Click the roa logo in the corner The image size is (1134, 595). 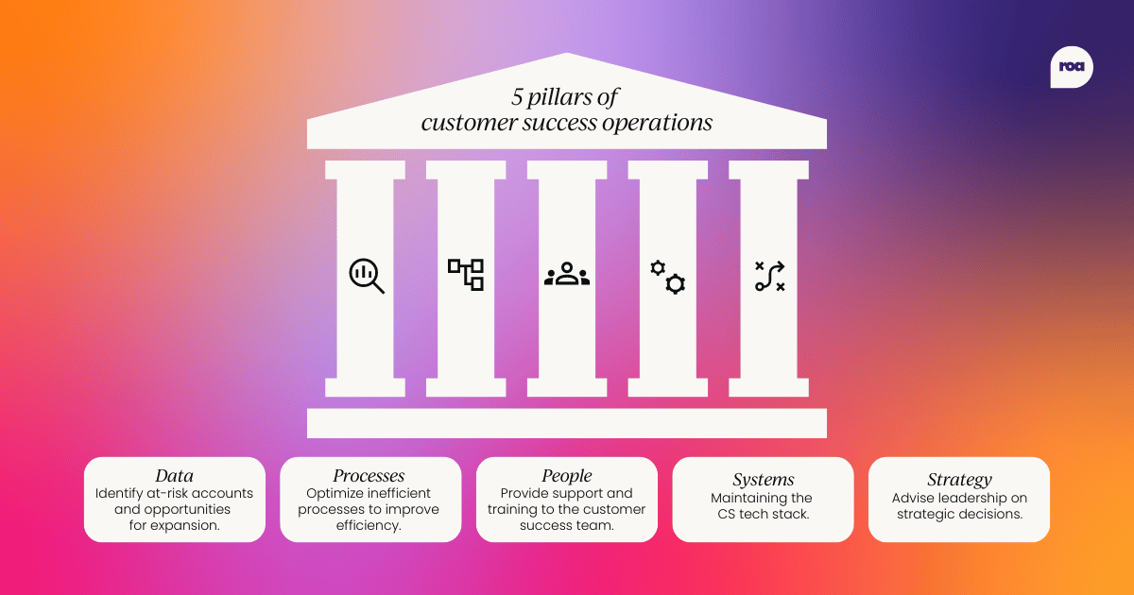click(1071, 67)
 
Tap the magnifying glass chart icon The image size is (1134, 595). click(366, 276)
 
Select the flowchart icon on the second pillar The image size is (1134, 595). click(466, 274)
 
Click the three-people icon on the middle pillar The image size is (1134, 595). click(567, 275)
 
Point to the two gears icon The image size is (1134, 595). click(667, 276)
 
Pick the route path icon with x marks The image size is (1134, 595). click(769, 275)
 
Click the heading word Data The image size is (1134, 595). click(174, 476)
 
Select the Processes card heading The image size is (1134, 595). click(369, 476)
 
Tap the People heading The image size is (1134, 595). click(566, 476)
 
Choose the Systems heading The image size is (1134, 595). click(763, 480)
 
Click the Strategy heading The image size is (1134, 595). click(958, 480)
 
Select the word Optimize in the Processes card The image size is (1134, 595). click(335, 494)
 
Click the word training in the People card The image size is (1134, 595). click(515, 510)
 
